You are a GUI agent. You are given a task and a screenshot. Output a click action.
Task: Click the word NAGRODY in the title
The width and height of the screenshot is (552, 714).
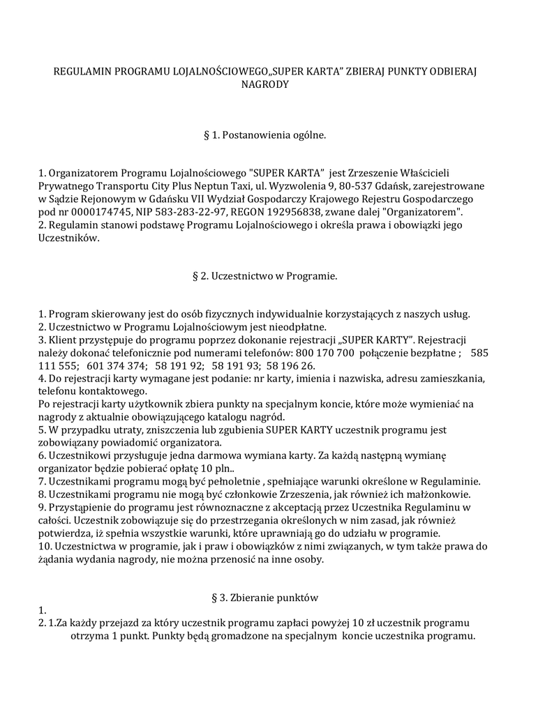(264, 84)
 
